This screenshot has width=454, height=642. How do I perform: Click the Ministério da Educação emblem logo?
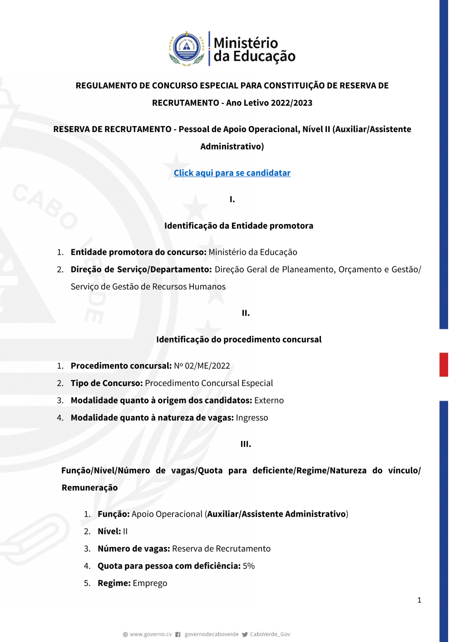click(187, 49)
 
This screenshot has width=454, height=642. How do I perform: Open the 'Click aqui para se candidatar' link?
click(232, 173)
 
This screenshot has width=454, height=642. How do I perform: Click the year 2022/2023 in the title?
click(292, 103)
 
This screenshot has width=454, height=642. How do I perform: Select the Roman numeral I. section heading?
click(232, 199)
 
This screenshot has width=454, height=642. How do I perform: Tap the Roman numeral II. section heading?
click(246, 313)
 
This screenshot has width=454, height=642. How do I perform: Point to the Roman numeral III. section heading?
click(246, 444)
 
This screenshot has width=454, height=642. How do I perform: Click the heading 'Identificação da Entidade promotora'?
click(239, 226)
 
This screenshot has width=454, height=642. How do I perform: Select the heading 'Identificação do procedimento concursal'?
click(239, 340)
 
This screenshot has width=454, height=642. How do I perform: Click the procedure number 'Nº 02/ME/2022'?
click(202, 366)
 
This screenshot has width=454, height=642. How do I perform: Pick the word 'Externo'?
click(269, 400)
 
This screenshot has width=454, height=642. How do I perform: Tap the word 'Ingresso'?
click(252, 418)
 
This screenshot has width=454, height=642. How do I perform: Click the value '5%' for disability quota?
click(249, 566)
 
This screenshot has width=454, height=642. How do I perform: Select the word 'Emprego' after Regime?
click(150, 583)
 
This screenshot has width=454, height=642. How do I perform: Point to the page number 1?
click(419, 600)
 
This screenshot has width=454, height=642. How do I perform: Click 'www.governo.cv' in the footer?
click(151, 634)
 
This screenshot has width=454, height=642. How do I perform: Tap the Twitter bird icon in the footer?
click(245, 634)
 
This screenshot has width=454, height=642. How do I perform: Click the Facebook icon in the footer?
click(178, 634)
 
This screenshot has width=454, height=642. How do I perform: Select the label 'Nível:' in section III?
click(109, 532)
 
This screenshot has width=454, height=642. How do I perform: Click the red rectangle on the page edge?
click(444, 365)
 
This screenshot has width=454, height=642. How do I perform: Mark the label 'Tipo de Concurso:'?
click(107, 383)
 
